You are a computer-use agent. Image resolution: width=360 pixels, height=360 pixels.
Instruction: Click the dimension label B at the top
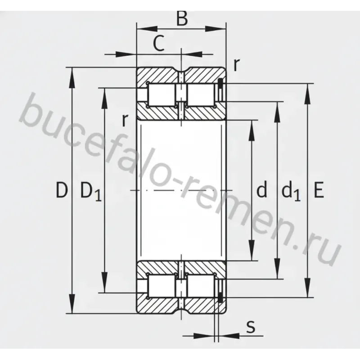pyautogui.click(x=182, y=18)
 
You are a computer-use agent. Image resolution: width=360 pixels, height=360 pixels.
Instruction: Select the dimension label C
pyautogui.click(x=159, y=43)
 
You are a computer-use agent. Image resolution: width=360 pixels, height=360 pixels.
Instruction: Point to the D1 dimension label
pyautogui.click(x=91, y=192)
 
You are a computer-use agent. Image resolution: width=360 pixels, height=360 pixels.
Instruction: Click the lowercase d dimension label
pyautogui.click(x=262, y=189)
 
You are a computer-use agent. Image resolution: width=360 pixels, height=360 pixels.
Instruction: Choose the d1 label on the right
pyautogui.click(x=291, y=191)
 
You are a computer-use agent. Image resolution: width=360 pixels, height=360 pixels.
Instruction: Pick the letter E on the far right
pyautogui.click(x=319, y=190)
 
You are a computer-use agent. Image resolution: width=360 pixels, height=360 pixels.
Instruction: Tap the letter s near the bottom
pyautogui.click(x=251, y=327)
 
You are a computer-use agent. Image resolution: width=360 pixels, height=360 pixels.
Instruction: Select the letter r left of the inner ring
pyautogui.click(x=125, y=120)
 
